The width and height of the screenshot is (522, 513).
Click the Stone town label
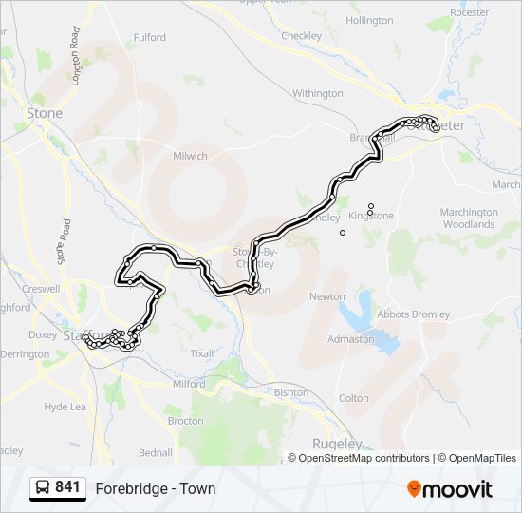pos(45,113)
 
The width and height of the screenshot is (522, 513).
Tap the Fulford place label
pos(149,38)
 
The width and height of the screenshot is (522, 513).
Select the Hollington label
pos(369,20)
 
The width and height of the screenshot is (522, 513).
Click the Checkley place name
pos(302,36)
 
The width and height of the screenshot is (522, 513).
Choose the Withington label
pos(317,93)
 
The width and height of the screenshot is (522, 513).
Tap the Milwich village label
pos(190,156)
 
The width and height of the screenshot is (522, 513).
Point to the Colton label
pos(353,398)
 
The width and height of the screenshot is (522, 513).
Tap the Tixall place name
pos(201,353)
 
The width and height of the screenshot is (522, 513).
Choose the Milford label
pos(189,384)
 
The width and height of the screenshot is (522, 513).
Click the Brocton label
pos(185,420)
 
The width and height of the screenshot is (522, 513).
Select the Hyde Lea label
pos(65,407)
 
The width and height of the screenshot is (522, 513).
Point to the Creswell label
pos(41,288)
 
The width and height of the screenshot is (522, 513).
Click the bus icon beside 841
pos(43,488)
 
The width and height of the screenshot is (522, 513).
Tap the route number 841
pos(67,487)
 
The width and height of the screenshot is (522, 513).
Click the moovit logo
pos(450,488)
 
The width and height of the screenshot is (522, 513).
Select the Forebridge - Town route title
pos(155,489)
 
